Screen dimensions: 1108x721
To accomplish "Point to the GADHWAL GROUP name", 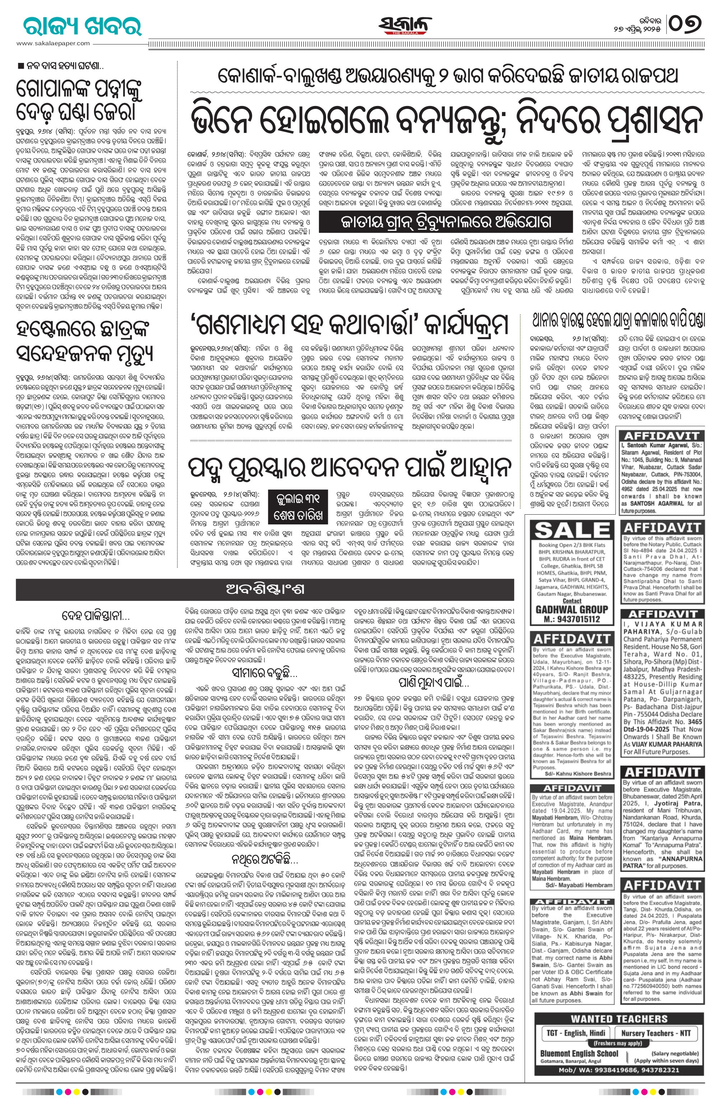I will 572,610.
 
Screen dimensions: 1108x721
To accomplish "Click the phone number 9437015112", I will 572,619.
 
